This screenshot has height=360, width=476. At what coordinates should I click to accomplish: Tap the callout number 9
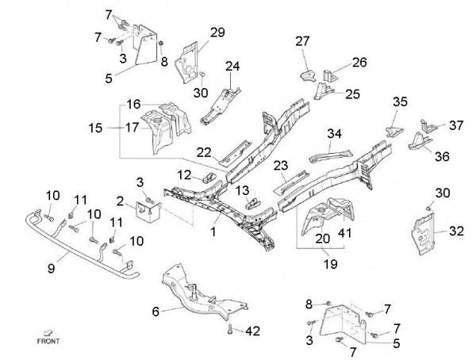tap(52, 268)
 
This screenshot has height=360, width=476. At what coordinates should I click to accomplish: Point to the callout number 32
tap(456, 232)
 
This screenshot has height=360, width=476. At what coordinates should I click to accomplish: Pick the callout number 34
tap(335, 132)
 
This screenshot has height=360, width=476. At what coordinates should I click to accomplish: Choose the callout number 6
tap(155, 311)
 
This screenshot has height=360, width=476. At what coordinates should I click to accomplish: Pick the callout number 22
tap(204, 152)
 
